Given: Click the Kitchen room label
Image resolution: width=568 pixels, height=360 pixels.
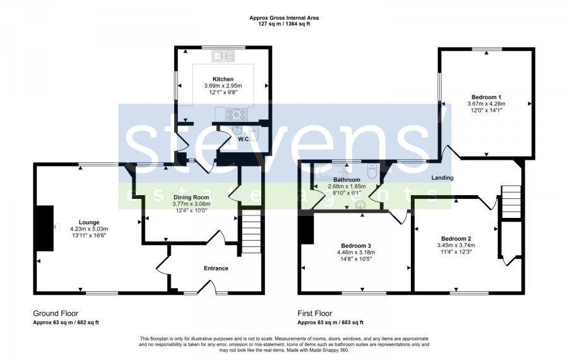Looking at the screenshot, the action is (223, 79).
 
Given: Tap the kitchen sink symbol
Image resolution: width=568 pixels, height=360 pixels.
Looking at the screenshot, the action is (223, 56).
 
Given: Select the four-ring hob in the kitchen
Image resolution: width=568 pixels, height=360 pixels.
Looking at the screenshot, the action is (236, 114).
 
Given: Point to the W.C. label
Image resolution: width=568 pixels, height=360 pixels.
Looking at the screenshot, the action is (244, 139).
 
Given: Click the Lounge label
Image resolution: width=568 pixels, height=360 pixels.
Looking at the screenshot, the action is (89, 222).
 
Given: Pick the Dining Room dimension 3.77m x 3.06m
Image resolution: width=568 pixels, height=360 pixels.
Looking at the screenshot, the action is (191, 204).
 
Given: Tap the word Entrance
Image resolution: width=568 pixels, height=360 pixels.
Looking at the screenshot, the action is (216, 268).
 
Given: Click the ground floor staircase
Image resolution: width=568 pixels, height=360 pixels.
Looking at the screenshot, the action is (251, 231).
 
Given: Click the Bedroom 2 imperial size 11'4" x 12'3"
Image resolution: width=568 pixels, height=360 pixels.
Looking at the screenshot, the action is (456, 251).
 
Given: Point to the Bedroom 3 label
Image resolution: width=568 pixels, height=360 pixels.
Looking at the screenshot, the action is (356, 246).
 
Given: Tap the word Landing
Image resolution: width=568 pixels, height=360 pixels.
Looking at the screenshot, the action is (442, 177).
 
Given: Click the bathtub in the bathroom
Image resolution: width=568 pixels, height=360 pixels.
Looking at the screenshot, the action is (330, 172).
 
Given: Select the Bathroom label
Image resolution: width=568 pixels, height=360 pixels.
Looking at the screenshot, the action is (346, 180).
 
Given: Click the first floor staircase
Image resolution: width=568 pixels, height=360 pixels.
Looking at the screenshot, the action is (511, 202).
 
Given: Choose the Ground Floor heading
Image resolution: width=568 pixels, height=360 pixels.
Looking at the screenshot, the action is (56, 313).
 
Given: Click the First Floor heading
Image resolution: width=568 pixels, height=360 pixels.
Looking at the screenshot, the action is (315, 313).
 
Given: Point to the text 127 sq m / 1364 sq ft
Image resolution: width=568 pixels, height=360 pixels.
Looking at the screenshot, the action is (284, 24).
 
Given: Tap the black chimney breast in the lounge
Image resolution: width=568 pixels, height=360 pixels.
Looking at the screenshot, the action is (44, 228).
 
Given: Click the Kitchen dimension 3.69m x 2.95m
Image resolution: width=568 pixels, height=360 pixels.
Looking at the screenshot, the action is (223, 86).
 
